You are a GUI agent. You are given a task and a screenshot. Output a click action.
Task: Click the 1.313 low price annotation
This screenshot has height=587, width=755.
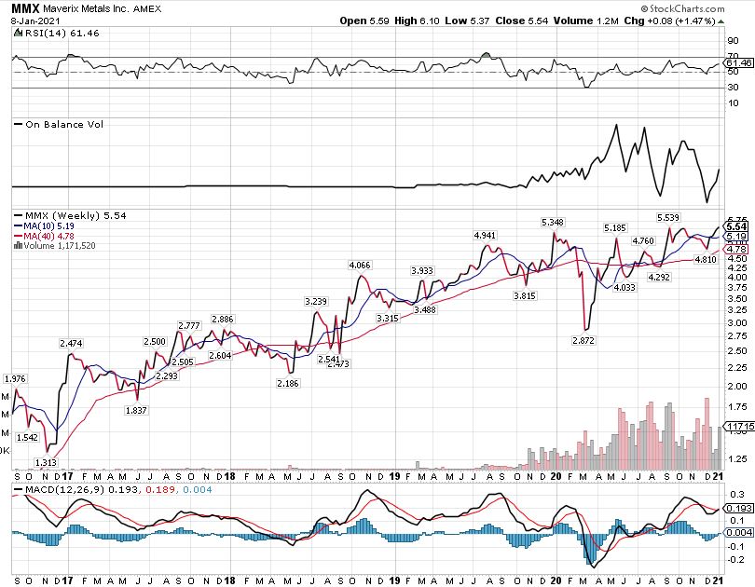click(x=47, y=462)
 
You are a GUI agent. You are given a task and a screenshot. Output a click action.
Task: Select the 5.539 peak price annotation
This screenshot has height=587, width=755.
click(x=668, y=217)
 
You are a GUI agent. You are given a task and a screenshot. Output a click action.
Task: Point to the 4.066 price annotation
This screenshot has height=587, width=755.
click(x=360, y=266)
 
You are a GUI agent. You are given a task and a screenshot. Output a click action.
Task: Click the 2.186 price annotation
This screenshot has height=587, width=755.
click(x=288, y=383)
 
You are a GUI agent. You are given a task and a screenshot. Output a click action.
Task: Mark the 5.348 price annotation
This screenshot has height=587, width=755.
click(x=554, y=222)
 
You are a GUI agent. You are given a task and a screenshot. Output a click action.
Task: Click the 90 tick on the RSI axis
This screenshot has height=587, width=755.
click(x=734, y=41)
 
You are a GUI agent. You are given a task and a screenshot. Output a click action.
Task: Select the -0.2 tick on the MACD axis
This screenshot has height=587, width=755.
click(x=735, y=560)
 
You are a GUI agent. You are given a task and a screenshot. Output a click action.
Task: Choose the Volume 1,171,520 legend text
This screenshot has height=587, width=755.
click(x=61, y=246)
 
